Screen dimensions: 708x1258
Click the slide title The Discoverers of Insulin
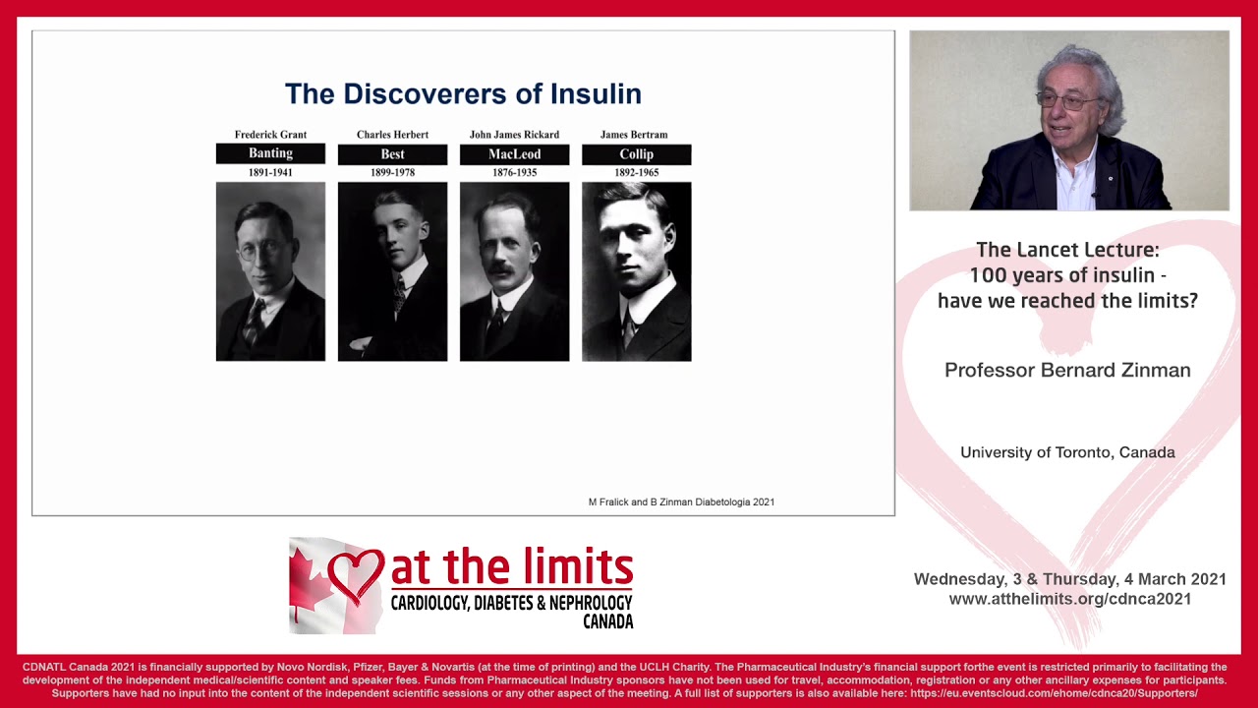click(463, 94)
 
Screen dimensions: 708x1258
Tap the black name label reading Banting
click(270, 153)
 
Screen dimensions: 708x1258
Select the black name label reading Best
click(392, 154)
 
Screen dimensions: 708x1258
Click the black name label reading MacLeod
click(514, 154)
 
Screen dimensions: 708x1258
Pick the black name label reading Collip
click(636, 154)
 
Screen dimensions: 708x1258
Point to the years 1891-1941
click(270, 173)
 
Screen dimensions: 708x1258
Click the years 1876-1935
click(514, 173)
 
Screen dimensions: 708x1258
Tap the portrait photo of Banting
click(270, 271)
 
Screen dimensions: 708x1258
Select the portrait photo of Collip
click(636, 271)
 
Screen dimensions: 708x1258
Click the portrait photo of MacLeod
click(514, 271)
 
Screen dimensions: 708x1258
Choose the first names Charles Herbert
click(392, 135)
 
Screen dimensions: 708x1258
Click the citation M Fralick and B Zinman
click(681, 502)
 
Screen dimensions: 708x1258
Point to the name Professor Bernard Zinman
click(1067, 371)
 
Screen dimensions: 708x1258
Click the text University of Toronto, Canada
click(1067, 452)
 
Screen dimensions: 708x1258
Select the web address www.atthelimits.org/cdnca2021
click(1069, 599)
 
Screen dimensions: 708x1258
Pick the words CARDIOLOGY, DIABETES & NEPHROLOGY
click(511, 602)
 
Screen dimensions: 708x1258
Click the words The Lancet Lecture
click(1067, 250)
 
